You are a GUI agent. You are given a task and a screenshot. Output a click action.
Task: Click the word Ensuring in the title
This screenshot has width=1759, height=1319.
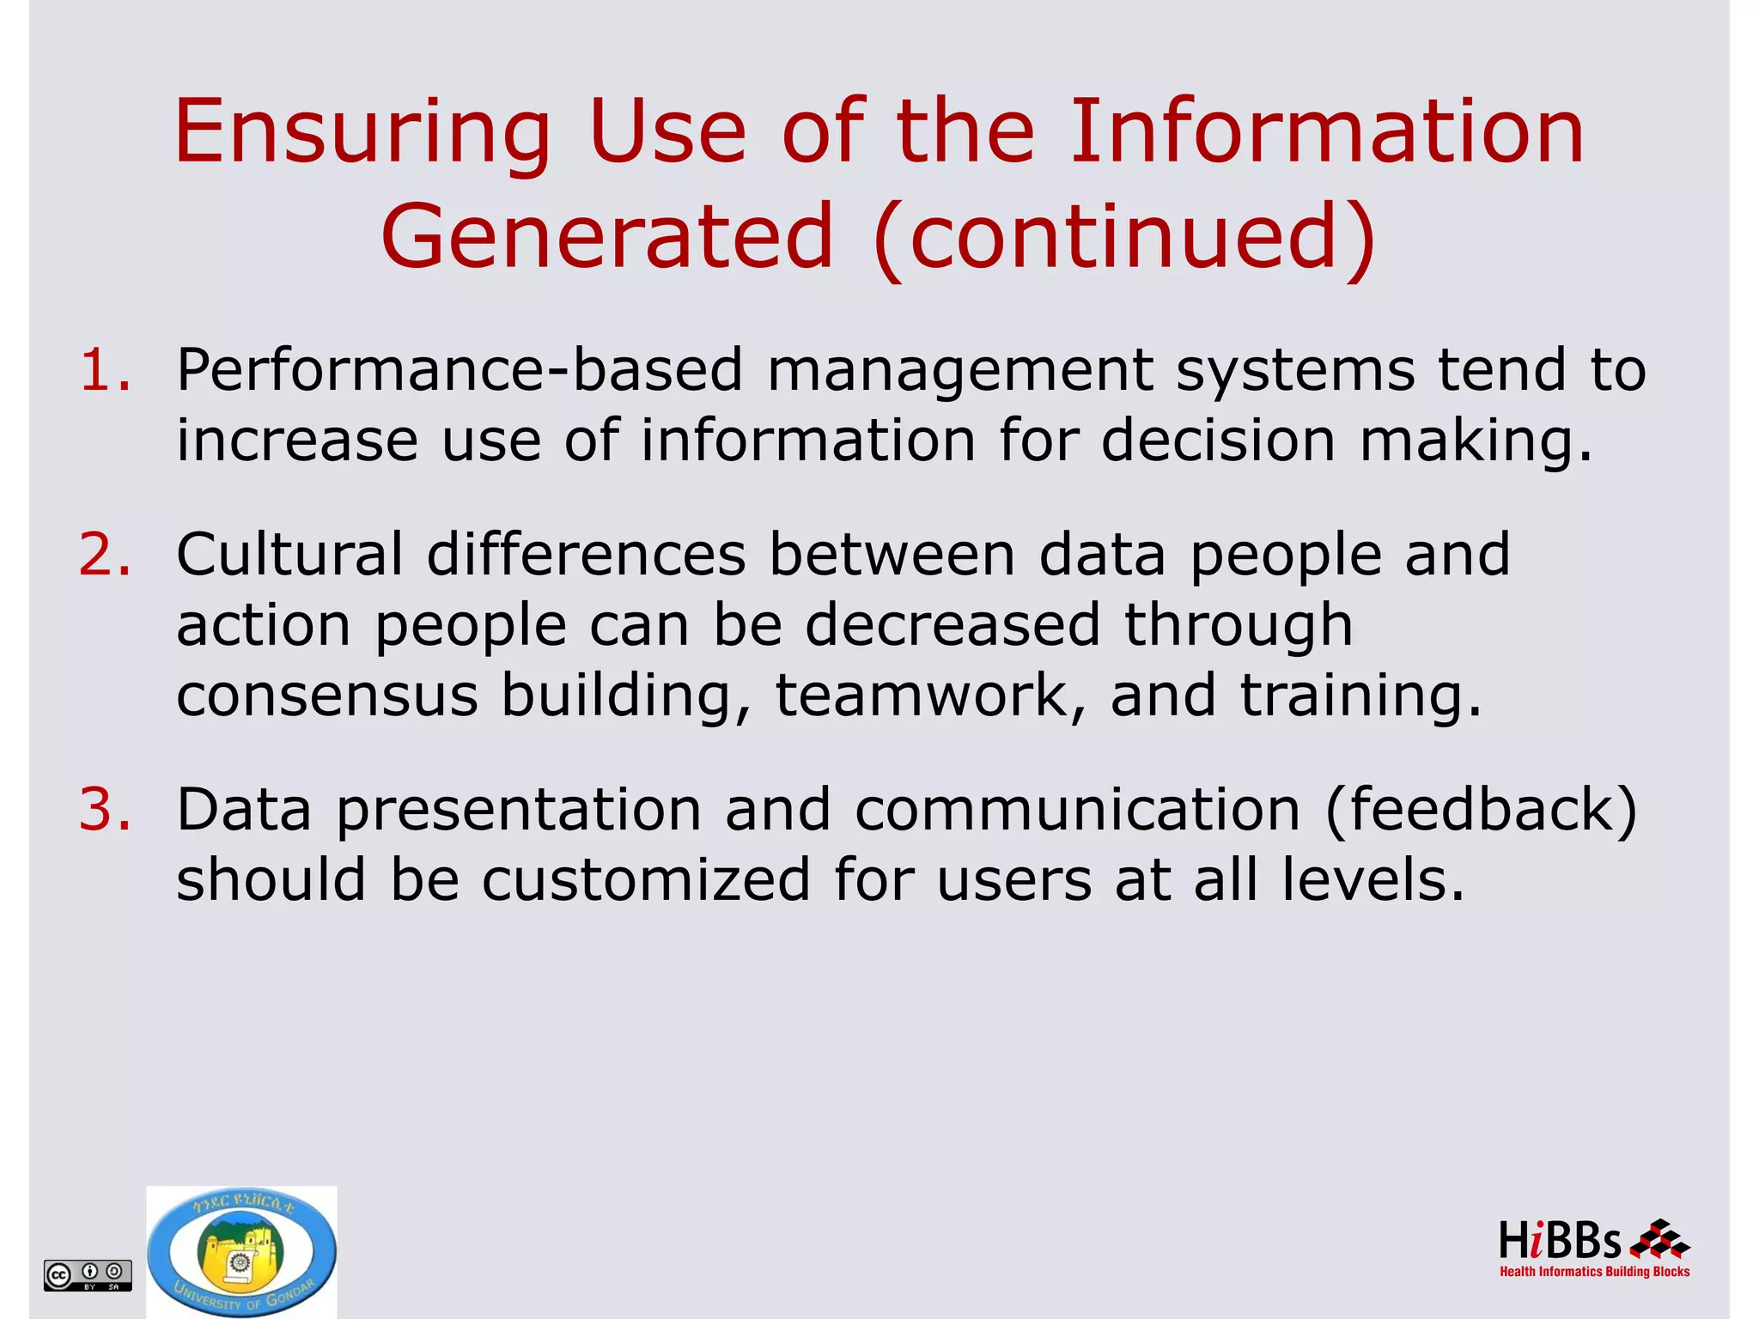point(362,133)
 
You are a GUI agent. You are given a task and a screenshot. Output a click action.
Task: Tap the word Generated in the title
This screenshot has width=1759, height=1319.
point(607,236)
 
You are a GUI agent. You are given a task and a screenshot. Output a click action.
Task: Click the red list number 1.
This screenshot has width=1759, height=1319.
point(105,371)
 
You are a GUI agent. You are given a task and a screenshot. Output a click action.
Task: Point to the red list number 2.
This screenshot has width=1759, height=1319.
point(105,555)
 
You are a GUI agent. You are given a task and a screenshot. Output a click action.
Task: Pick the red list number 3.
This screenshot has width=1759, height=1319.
point(105,810)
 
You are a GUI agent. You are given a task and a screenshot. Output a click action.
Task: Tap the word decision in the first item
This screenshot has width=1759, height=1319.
point(1218,441)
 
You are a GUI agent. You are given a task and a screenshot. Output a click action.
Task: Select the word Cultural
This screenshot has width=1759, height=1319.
point(289,555)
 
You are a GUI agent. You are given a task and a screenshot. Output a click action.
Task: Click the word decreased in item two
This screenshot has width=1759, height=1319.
point(953,625)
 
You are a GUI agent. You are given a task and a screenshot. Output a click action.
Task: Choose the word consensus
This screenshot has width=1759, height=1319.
point(327,696)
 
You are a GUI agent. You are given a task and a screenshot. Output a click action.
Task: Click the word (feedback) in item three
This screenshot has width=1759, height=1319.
point(1481,810)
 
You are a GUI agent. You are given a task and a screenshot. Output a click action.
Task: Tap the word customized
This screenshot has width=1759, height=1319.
point(646,880)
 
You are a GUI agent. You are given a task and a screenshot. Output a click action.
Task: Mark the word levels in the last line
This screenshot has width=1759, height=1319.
point(1373,880)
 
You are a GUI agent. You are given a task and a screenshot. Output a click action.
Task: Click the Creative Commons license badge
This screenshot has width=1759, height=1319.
point(88,1274)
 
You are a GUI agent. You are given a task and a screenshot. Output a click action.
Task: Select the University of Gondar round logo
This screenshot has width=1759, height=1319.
point(241,1252)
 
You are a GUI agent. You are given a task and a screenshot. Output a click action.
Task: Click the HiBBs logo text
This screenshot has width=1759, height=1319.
point(1559,1242)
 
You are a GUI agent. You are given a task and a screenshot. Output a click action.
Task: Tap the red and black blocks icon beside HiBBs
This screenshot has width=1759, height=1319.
point(1659,1240)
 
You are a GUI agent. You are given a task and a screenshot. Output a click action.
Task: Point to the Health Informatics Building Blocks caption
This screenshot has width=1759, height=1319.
point(1594,1272)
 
